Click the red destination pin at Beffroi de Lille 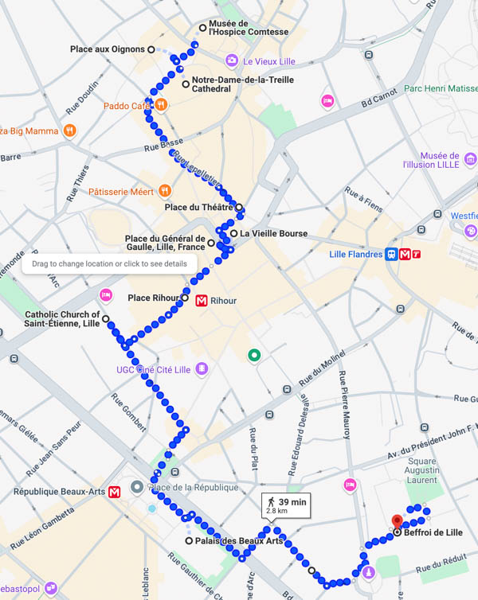tap(397, 522)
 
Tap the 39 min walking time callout tap(286, 505)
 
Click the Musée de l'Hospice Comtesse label tap(248, 27)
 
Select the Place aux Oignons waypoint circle tap(151, 49)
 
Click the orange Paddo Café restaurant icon tap(160, 104)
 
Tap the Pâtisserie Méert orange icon tap(164, 190)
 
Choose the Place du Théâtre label tap(198, 208)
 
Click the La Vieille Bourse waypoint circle tap(234, 233)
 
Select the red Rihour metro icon tap(202, 301)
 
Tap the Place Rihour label tap(153, 298)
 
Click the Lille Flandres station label tap(355, 255)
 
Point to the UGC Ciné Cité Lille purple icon tap(202, 368)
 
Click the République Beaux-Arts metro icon tap(115, 492)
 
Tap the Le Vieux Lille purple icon tap(231, 60)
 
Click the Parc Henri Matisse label tap(440, 88)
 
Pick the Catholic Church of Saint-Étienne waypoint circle tap(105, 318)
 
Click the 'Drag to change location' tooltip tap(109, 263)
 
